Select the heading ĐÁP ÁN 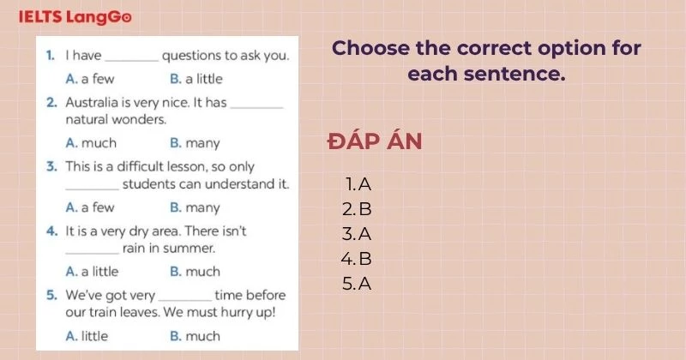(375, 141)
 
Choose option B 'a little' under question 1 (196, 79)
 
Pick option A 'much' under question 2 (91, 143)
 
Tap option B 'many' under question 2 (195, 143)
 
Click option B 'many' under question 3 (195, 207)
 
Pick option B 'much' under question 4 (195, 272)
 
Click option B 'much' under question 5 (195, 336)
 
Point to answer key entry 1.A (358, 183)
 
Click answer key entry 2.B (358, 208)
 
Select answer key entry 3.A (358, 233)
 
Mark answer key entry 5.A (358, 283)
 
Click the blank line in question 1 (131, 57)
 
